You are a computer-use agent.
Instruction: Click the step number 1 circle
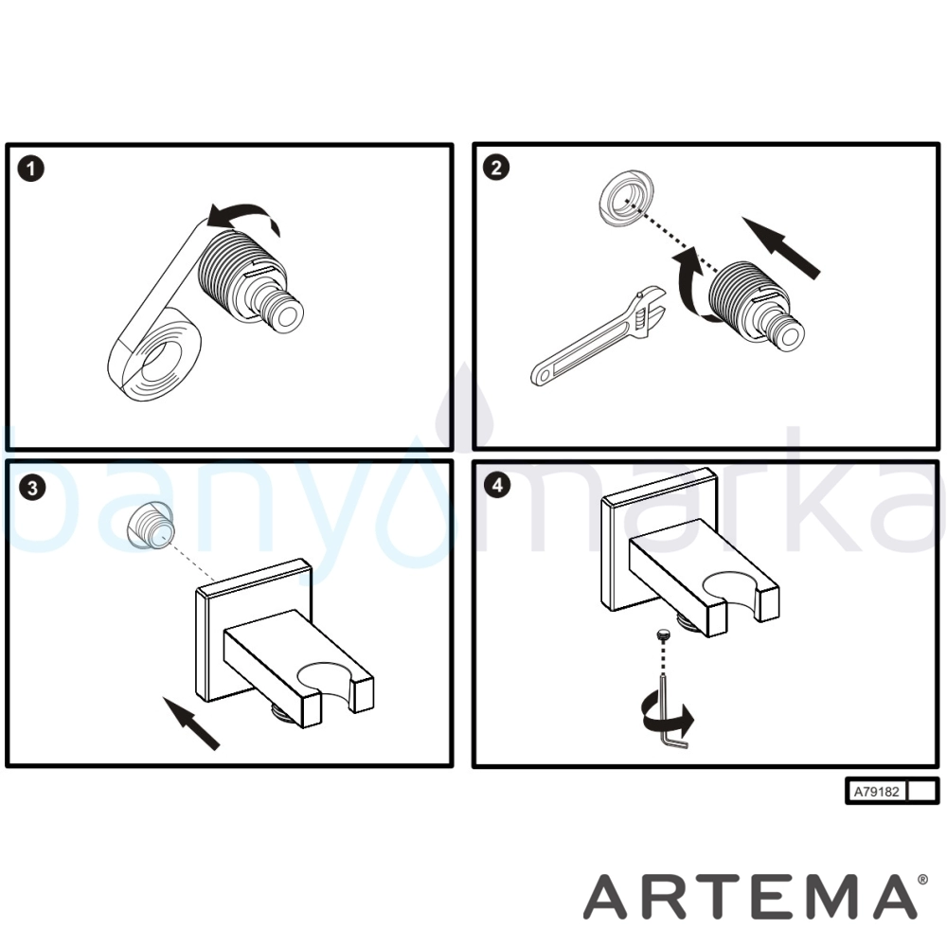pyautogui.click(x=31, y=169)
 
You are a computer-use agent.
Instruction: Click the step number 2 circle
pyautogui.click(x=496, y=168)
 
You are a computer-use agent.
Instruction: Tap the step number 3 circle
pyautogui.click(x=32, y=488)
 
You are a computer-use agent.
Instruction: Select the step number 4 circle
pyautogui.click(x=497, y=485)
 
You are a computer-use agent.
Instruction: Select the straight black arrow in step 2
pyautogui.click(x=780, y=246)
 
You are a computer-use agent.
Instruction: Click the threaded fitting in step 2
pyautogui.click(x=756, y=305)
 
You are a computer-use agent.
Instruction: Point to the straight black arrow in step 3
pyautogui.click(x=191, y=723)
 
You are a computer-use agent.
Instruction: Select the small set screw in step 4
pyautogui.click(x=663, y=636)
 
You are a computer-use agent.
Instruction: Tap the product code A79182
pyautogui.click(x=876, y=791)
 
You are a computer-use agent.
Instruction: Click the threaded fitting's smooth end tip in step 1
pyautogui.click(x=289, y=316)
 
